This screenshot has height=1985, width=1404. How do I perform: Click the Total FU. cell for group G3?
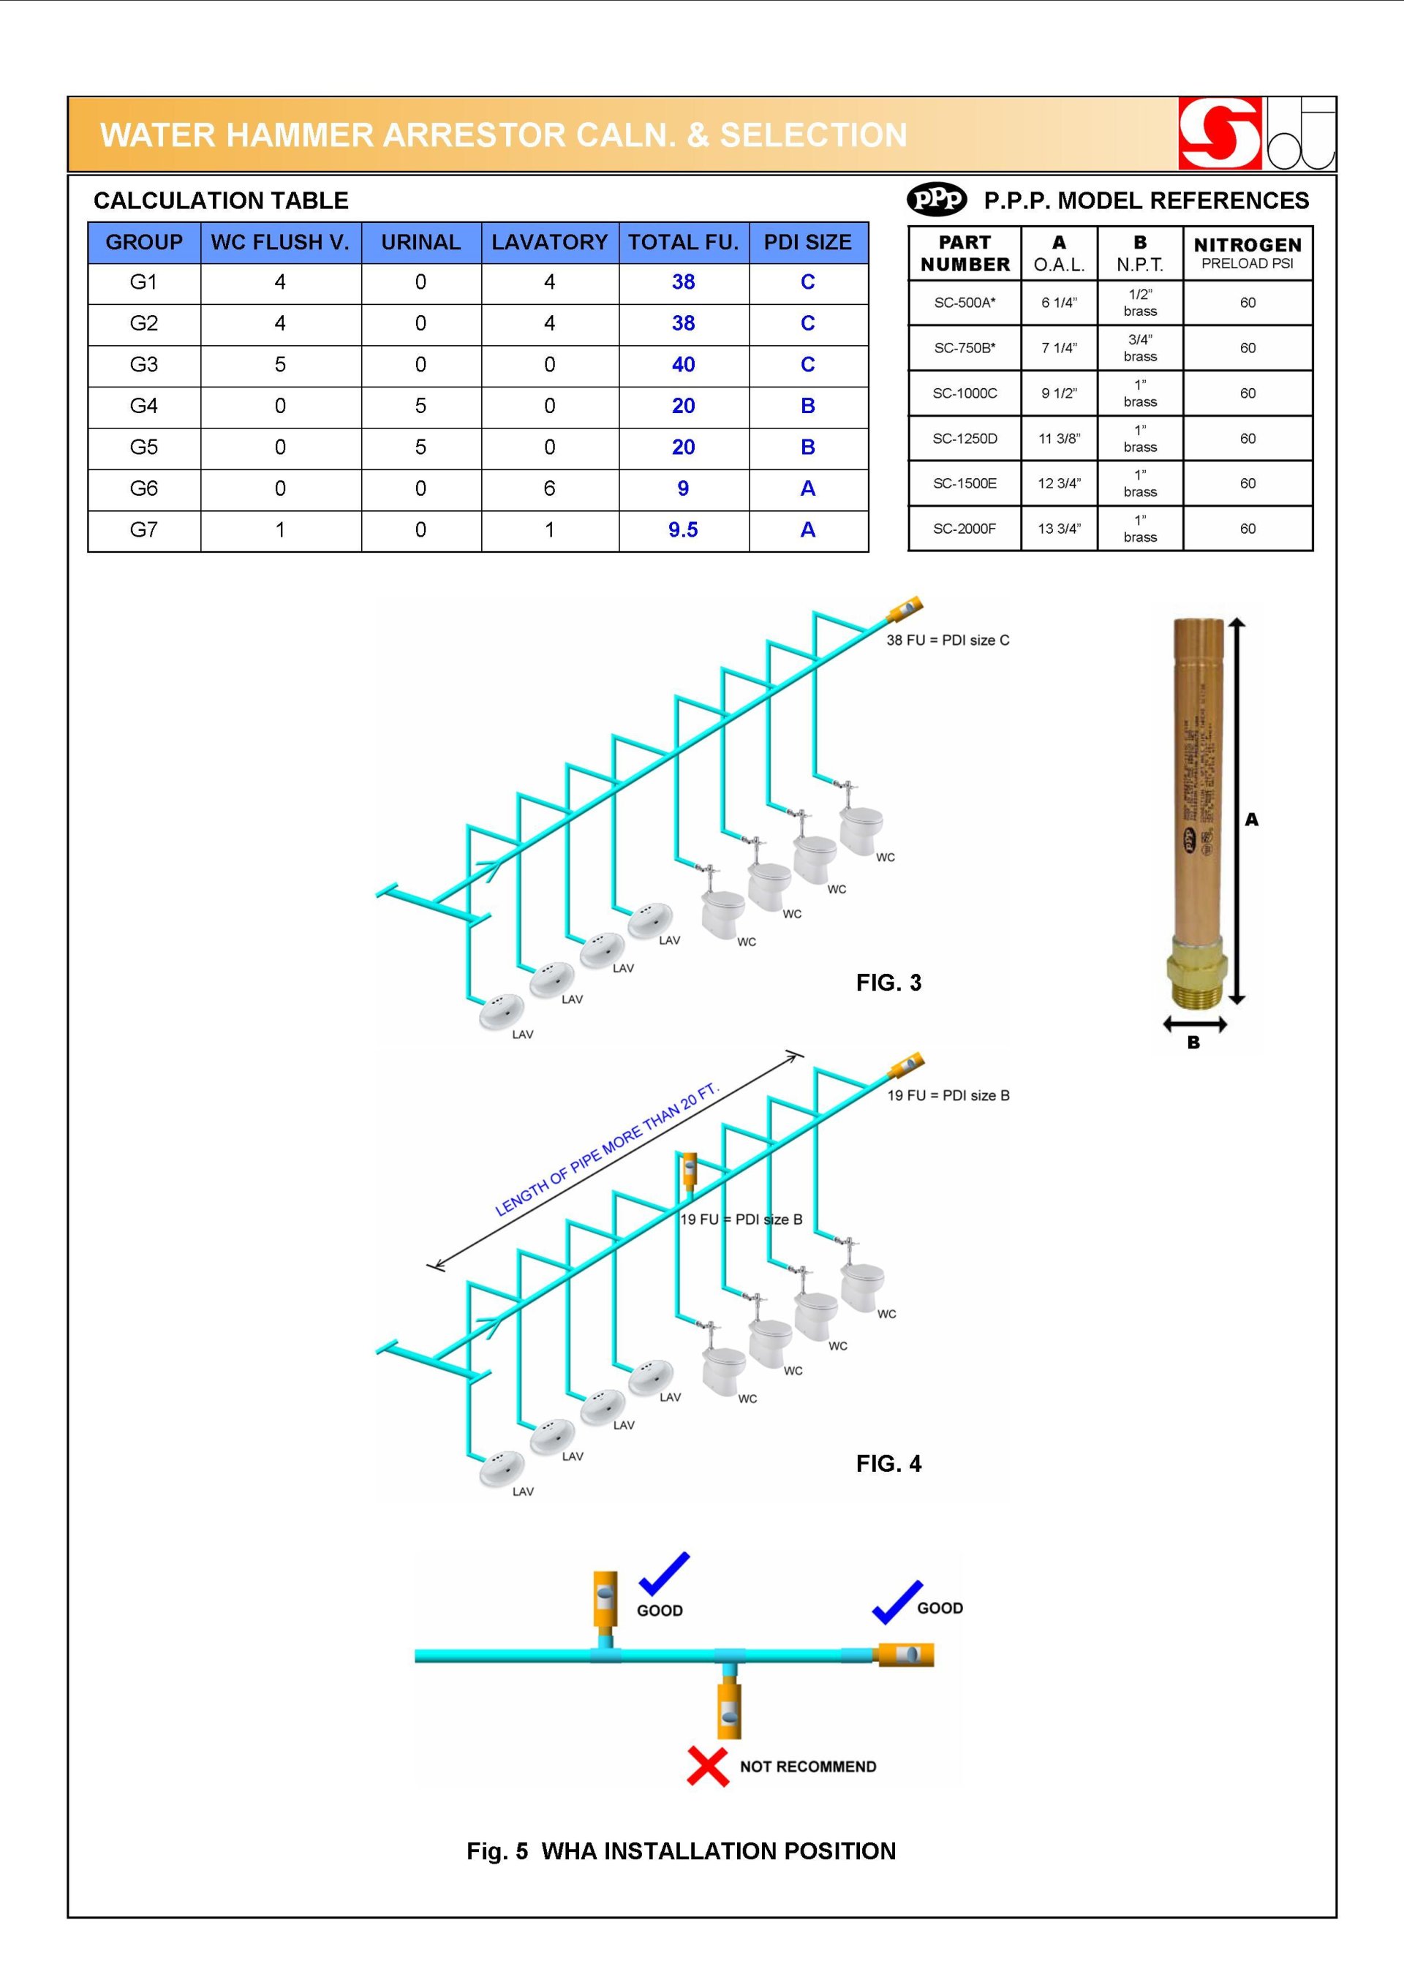(683, 365)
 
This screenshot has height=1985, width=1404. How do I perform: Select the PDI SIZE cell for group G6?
(807, 489)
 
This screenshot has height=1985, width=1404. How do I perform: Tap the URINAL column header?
(421, 243)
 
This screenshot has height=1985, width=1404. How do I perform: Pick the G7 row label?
(143, 530)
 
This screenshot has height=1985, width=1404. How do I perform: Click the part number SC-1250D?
(964, 439)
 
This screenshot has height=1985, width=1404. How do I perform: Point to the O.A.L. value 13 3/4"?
(1059, 529)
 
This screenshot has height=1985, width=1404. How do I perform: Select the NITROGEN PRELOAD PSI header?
(1247, 253)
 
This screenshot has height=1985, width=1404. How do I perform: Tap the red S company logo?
(1219, 134)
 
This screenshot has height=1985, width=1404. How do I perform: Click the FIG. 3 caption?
(888, 983)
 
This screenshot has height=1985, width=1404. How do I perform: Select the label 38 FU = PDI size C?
(948, 640)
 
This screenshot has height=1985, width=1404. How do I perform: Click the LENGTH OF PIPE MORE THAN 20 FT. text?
(606, 1151)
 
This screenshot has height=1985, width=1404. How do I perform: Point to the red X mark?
(707, 1766)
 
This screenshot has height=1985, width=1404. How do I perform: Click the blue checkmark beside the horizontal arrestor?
(897, 1602)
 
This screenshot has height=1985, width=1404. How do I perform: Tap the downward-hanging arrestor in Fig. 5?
(729, 1709)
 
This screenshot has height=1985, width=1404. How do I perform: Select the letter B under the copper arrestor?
(1193, 1043)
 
